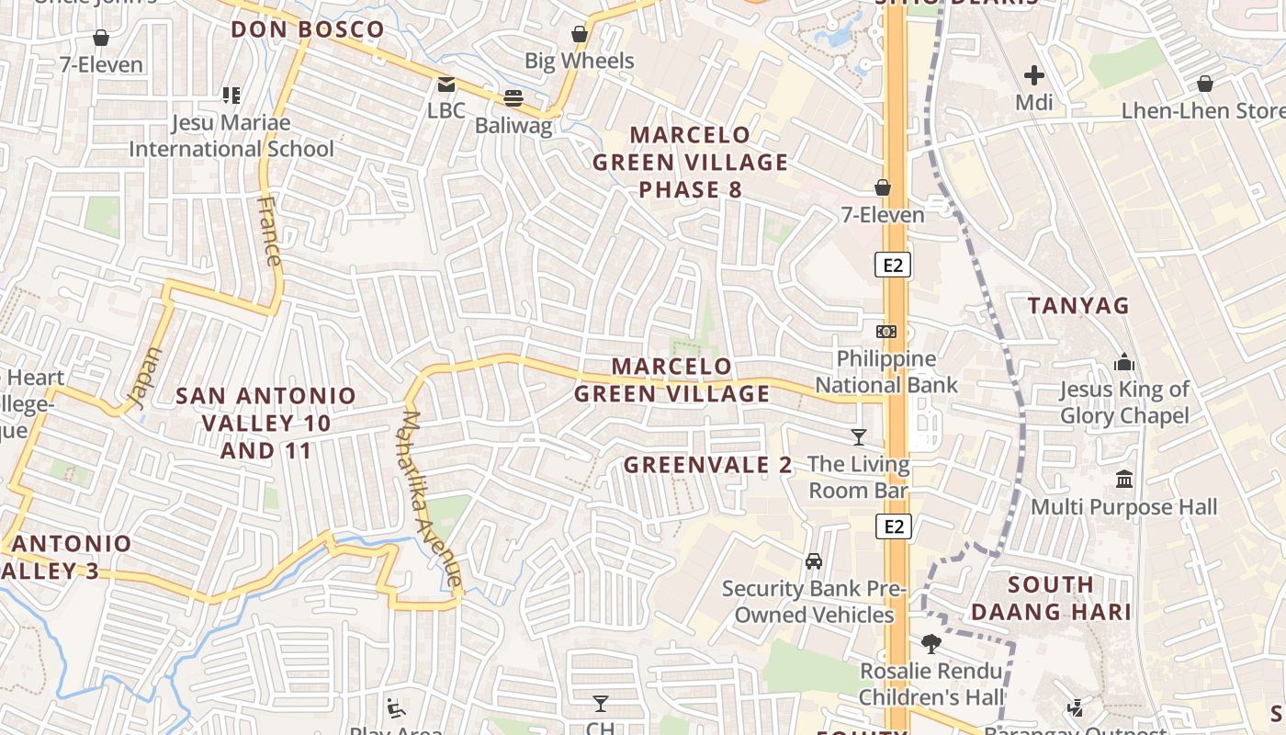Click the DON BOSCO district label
point(307,29)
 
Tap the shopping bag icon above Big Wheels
point(580,35)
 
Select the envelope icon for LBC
point(446,85)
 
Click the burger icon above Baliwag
point(513,98)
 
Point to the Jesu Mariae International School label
point(231,135)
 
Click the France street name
point(270,232)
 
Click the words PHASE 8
point(690,190)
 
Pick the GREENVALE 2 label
point(707,465)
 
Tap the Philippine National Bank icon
point(886,331)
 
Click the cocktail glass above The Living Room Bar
point(859,437)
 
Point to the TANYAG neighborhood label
point(1078,306)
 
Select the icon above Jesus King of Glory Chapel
point(1124,363)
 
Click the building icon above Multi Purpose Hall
point(1124,480)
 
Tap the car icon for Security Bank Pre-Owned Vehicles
point(814,560)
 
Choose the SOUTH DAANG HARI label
point(1051,598)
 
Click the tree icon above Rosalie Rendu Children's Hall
point(931,643)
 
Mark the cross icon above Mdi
point(1034,75)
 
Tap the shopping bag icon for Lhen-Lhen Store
point(1205,85)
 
